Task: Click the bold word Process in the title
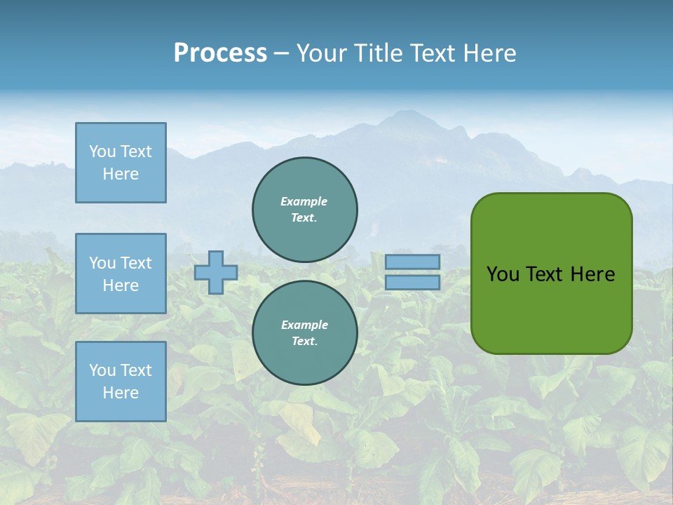point(220,53)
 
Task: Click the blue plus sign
point(216,272)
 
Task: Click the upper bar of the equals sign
point(413,262)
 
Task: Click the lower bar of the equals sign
point(413,282)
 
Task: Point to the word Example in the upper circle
point(304,201)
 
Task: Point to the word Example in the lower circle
point(304,325)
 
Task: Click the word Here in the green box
point(592,274)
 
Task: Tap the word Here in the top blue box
point(121,174)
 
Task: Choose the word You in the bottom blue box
point(102,370)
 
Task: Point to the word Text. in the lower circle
point(304,342)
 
